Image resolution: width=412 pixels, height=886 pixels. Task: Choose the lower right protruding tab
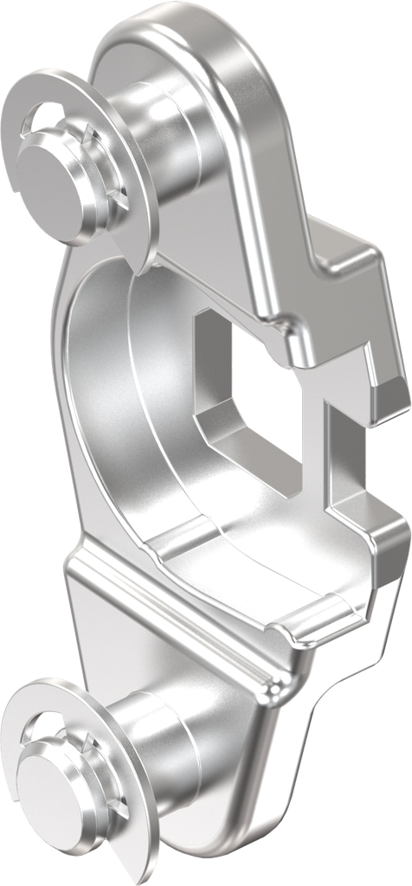coord(368,536)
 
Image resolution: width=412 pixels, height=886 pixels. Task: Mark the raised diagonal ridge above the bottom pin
coord(173,623)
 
